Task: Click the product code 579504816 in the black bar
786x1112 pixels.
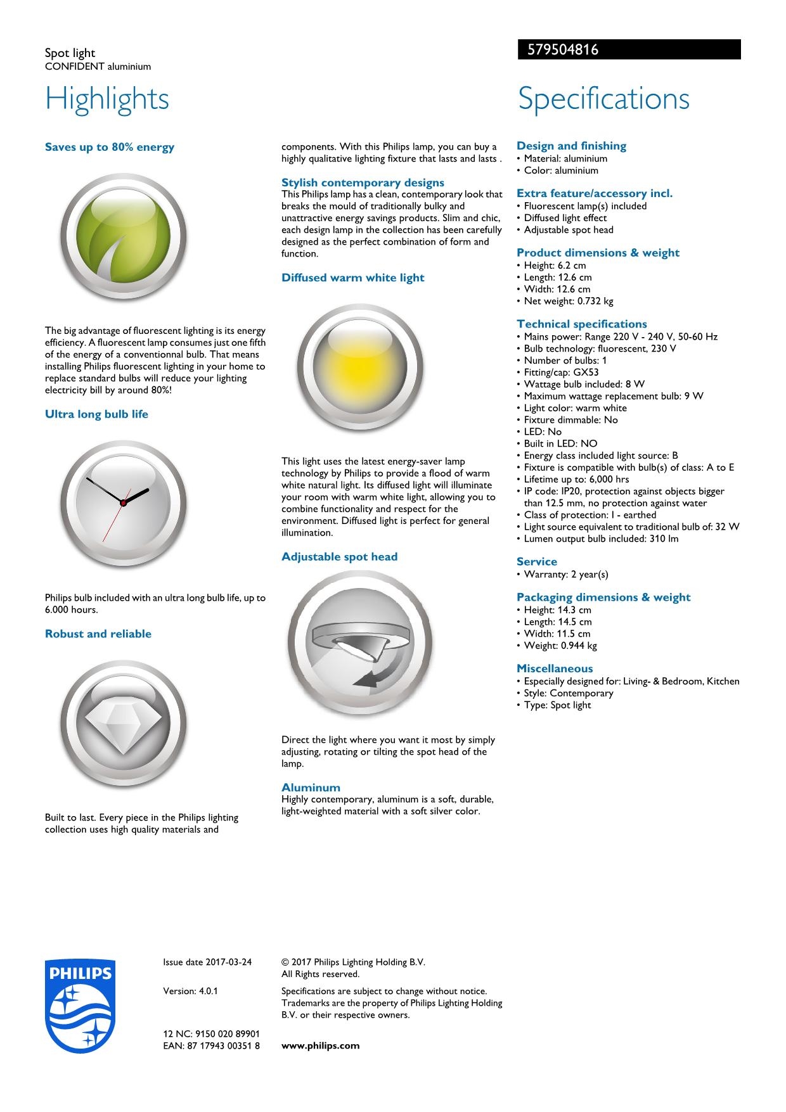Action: click(x=558, y=49)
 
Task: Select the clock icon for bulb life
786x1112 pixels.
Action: click(x=123, y=502)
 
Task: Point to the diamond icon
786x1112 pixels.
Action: click(x=123, y=723)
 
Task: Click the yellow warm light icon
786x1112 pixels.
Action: click(x=359, y=367)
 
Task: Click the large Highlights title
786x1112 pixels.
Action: click(x=107, y=99)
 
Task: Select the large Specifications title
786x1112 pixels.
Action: click(x=603, y=99)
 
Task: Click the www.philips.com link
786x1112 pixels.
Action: click(x=320, y=1045)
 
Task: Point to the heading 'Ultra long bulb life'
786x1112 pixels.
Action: click(x=96, y=414)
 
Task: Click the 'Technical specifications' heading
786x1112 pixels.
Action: click(x=581, y=324)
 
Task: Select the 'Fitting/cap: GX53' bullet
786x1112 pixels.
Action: click(x=561, y=373)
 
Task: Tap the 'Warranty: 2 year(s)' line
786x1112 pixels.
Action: click(x=565, y=575)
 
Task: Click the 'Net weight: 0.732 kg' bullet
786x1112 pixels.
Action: click(x=568, y=301)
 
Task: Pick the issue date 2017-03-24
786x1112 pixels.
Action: click(x=207, y=962)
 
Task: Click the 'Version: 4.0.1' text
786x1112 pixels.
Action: click(x=190, y=991)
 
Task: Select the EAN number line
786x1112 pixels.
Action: click(x=211, y=1045)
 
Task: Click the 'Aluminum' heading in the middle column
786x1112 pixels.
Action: click(x=311, y=788)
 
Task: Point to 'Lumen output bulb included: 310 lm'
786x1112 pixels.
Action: click(x=600, y=539)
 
